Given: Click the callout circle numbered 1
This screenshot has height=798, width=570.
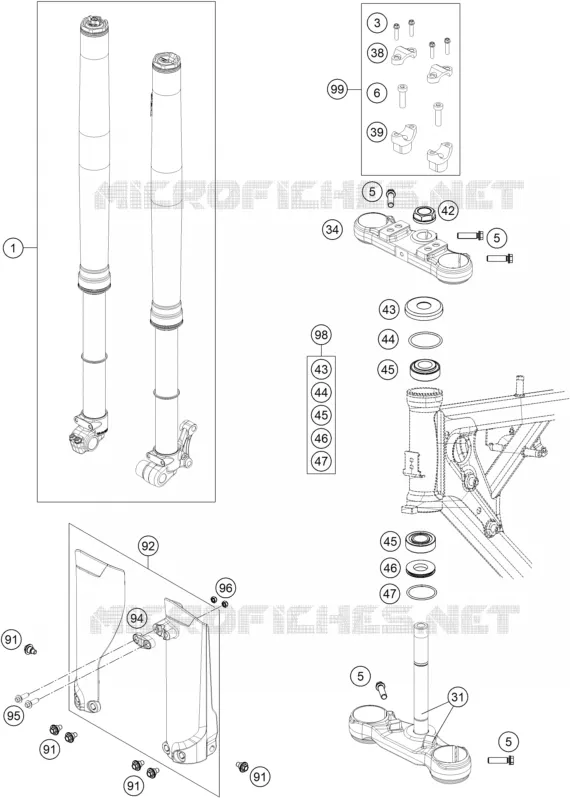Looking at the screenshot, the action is coord(14,248).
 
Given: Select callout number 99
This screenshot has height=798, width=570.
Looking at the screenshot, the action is coord(337,90).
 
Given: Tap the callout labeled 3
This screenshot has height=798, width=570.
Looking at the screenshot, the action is coord(377,23).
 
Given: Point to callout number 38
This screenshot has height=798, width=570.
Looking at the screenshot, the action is coord(377,52).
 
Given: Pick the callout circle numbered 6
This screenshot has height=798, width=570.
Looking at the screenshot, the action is coord(377,93).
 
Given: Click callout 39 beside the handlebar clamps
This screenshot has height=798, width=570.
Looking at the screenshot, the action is coord(377,132).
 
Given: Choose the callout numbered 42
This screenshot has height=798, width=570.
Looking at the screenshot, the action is coord(448,210).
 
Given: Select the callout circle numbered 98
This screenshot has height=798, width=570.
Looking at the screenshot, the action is coord(321,335).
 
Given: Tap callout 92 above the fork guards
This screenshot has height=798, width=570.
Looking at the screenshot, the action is coord(148,546).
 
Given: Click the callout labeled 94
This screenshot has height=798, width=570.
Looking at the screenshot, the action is coord(136,618).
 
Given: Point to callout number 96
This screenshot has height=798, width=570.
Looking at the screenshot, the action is coord(225,588).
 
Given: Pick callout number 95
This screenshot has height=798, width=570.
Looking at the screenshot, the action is coord(14,717).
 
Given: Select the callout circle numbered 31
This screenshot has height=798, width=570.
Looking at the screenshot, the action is coord(458,697).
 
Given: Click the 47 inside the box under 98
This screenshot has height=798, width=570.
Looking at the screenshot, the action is coord(321,461).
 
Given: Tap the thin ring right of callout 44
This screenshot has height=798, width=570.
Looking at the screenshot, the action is coord(425,339).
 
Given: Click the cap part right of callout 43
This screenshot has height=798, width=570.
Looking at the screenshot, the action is coord(425,309).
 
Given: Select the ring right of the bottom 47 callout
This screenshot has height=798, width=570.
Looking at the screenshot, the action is coord(422,593).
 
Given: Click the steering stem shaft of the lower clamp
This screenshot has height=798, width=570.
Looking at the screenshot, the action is coord(421,677).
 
